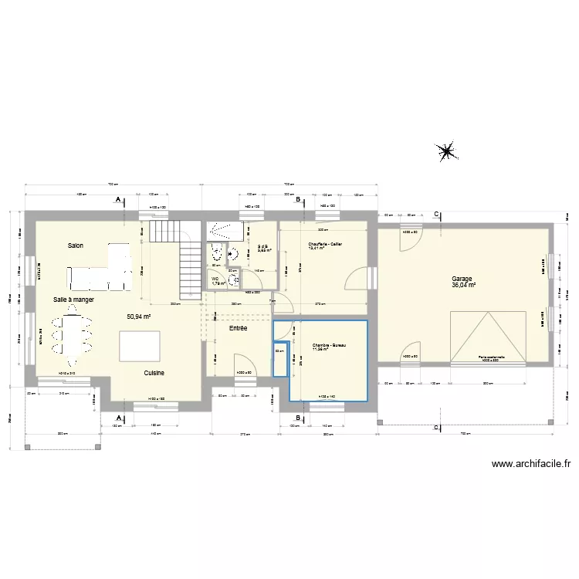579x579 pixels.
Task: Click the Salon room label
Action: tap(75, 245)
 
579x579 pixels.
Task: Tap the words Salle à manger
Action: tap(73, 299)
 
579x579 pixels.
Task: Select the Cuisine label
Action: tap(154, 373)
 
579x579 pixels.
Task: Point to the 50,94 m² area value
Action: tap(139, 317)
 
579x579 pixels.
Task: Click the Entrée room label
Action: tap(238, 328)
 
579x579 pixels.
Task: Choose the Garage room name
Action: tap(462, 279)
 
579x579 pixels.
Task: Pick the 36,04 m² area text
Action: tap(464, 286)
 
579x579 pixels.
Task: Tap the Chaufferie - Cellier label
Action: tap(325, 244)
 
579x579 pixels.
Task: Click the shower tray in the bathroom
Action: tap(225, 228)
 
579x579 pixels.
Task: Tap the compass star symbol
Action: tap(446, 152)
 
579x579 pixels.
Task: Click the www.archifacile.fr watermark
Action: tap(530, 464)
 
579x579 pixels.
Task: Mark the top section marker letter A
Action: tap(117, 200)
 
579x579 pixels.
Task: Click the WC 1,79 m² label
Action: tap(218, 281)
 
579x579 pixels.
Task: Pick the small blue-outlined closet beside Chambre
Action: tap(280, 357)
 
